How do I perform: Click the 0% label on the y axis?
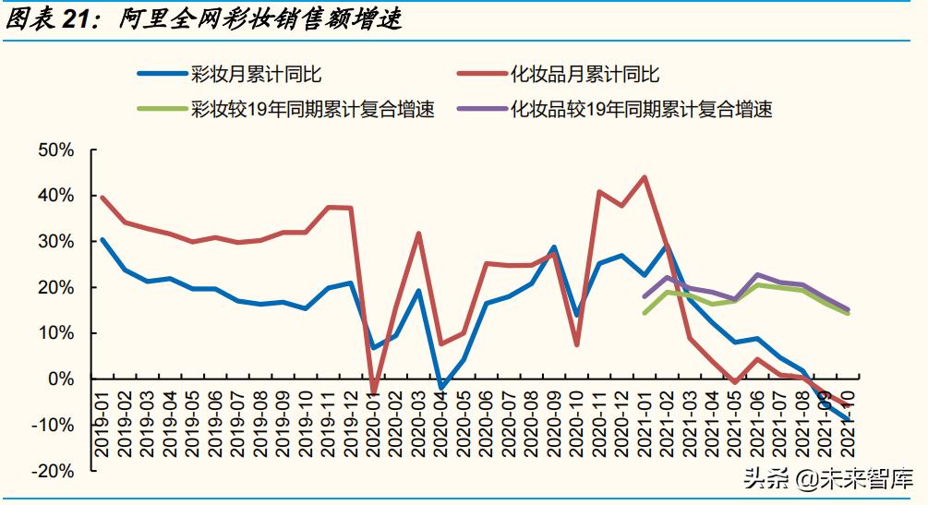(60, 379)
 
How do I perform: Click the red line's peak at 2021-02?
(645, 177)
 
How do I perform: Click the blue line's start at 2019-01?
(102, 239)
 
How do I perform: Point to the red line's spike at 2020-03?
(418, 234)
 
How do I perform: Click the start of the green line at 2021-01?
(645, 313)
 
